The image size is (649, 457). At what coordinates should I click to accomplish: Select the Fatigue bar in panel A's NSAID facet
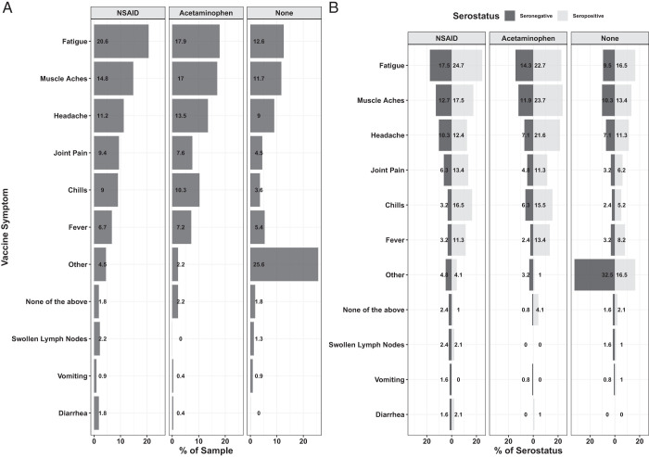[121, 41]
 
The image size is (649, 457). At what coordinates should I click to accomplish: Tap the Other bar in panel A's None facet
[284, 264]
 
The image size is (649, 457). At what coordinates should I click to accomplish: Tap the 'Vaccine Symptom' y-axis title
[7, 222]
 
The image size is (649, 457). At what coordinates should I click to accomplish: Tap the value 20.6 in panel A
[103, 41]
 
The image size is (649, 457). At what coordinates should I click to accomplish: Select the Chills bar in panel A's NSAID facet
[106, 190]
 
